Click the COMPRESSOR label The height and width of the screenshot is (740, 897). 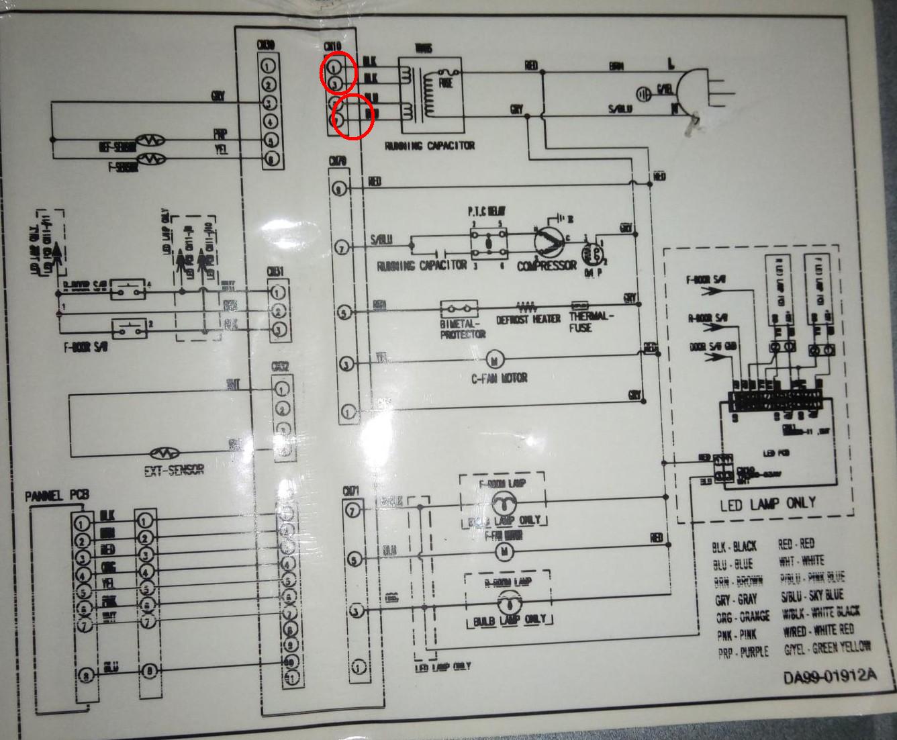[x=547, y=266]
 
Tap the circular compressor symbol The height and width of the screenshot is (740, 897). [x=550, y=240]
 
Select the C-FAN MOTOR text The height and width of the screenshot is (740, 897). [x=499, y=378]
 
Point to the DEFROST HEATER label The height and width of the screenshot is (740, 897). [x=528, y=320]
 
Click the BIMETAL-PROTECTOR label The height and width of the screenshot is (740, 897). [x=463, y=328]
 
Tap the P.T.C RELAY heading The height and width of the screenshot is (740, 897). [x=487, y=211]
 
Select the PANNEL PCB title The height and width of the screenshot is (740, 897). [x=57, y=496]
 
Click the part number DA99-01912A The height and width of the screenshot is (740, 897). [x=830, y=676]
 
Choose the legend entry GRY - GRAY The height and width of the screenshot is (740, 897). [x=736, y=600]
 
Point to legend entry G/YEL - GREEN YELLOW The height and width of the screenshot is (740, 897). [x=827, y=648]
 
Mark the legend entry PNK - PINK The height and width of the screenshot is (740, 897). [x=737, y=635]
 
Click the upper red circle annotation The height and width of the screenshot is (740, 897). [x=337, y=73]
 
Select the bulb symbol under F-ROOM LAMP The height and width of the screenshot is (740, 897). [x=500, y=502]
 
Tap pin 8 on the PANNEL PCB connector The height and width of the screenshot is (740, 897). [x=83, y=674]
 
